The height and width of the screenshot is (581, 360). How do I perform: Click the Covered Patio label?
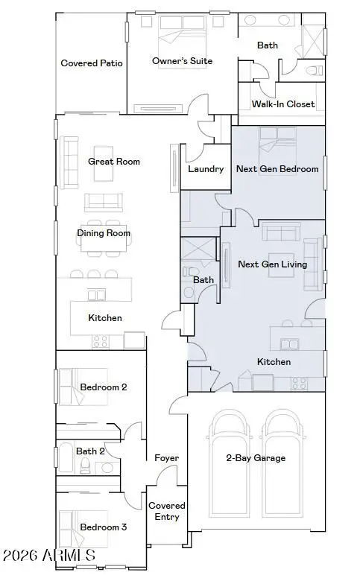pos(92,63)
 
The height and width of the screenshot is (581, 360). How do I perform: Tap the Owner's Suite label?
pos(183,61)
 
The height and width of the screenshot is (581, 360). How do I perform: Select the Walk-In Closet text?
pos(283,104)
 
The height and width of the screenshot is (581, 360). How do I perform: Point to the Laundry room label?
pos(206,169)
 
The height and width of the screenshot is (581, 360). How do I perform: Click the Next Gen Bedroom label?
pos(277,169)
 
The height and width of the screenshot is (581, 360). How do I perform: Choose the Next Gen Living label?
pos(273,264)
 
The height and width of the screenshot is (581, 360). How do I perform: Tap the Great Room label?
pos(114,161)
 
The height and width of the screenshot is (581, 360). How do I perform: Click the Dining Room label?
pos(104,233)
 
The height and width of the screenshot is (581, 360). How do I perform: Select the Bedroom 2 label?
pos(104,387)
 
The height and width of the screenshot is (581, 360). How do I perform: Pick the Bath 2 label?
pos(90,451)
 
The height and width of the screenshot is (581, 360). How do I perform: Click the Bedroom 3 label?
pos(104,527)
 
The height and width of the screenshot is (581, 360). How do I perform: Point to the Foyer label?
pos(166,458)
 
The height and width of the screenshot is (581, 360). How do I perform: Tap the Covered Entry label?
pos(167,511)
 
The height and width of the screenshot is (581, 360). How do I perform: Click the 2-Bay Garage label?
pos(256,458)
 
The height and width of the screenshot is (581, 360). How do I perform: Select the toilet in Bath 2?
pos(85,466)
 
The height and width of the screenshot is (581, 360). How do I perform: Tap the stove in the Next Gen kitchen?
pos(298,383)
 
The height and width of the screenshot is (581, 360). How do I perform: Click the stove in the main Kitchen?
pos(100,341)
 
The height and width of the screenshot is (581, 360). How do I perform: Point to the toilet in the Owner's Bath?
pos(315,70)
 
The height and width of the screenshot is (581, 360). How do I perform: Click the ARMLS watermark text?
pos(49,556)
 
